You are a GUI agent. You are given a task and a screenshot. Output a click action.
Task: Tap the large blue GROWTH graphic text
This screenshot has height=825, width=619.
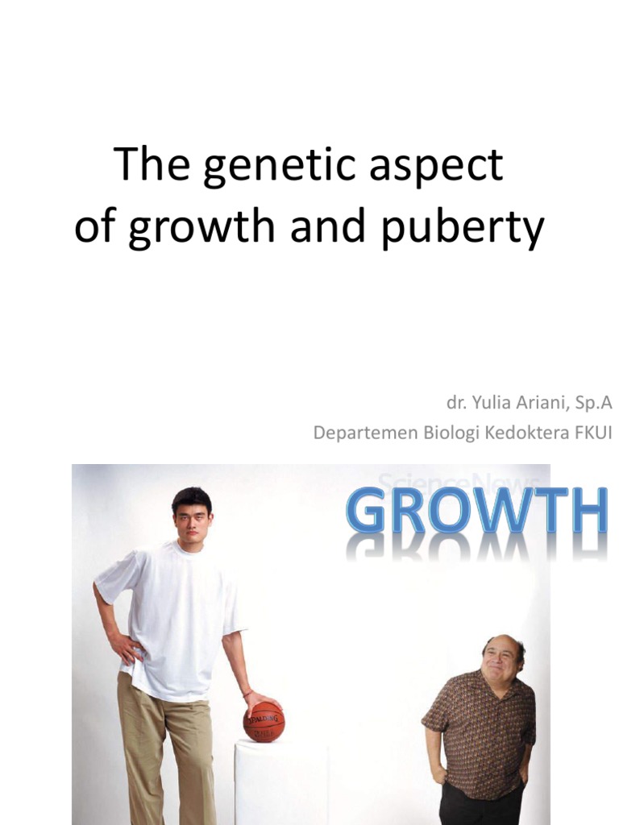476,512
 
